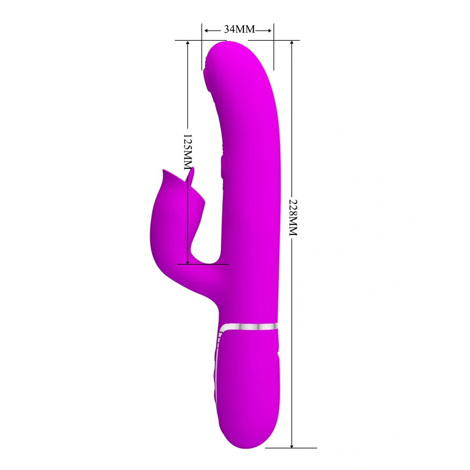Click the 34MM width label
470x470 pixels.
click(x=239, y=29)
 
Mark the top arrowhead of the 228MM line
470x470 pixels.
click(x=292, y=43)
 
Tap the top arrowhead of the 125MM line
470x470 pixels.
click(x=188, y=43)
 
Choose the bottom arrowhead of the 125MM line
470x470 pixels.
click(x=188, y=261)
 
